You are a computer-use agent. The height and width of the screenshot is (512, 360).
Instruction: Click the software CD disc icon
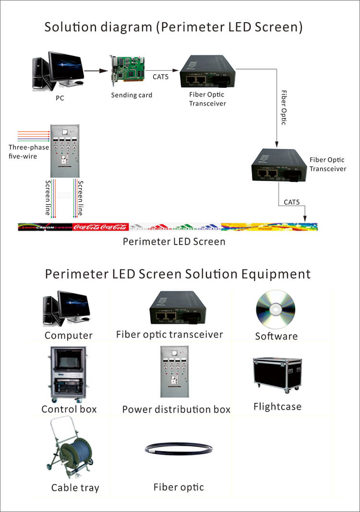click(x=276, y=310)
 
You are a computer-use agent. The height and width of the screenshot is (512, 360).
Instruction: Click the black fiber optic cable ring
click(x=179, y=449)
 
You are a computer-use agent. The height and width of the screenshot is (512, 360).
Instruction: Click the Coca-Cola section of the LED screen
click(x=100, y=227)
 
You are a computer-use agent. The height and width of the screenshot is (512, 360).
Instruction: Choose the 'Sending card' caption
click(x=132, y=95)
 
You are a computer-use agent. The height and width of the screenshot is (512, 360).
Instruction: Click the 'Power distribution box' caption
click(x=176, y=410)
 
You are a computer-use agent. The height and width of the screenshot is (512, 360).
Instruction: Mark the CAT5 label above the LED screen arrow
click(x=291, y=202)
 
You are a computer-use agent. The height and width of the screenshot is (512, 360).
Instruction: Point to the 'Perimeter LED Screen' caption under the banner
click(x=174, y=241)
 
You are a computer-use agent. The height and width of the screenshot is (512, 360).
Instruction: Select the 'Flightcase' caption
click(x=277, y=407)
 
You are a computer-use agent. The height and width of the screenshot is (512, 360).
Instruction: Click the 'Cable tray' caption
click(x=75, y=488)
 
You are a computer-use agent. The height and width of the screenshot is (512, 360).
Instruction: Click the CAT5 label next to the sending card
click(x=160, y=76)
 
